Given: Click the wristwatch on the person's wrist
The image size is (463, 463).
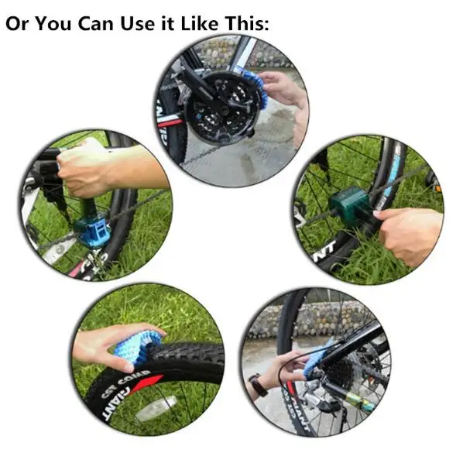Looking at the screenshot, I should [x=256, y=384].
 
